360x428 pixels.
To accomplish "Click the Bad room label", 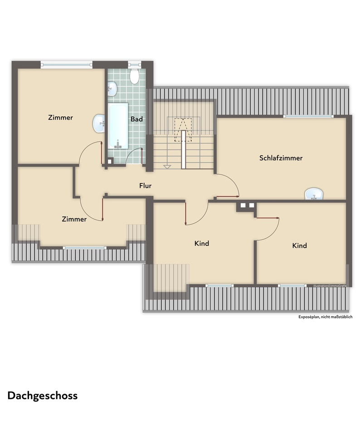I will pyautogui.click(x=136, y=120).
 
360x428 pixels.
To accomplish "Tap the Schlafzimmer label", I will pyautogui.click(x=281, y=158).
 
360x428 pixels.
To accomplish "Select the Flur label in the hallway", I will pyautogui.click(x=145, y=186).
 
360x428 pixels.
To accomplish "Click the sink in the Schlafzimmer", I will pyautogui.click(x=314, y=194).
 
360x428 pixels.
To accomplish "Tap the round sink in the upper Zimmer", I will pyautogui.click(x=99, y=123).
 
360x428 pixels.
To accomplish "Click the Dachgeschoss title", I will pyautogui.click(x=43, y=395).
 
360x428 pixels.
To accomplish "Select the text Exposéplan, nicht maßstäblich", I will pyautogui.click(x=325, y=317).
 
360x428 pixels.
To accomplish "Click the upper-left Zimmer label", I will pyautogui.click(x=60, y=118).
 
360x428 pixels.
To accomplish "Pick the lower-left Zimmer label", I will pyautogui.click(x=74, y=219).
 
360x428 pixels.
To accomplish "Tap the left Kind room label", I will pyautogui.click(x=201, y=244).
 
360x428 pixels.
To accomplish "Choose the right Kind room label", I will pyautogui.click(x=299, y=245).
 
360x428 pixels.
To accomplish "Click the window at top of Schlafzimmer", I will pyautogui.click(x=308, y=117).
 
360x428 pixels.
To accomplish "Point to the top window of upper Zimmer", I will pyautogui.click(x=66, y=64).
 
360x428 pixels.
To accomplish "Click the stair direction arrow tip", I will pyautogui.click(x=167, y=167).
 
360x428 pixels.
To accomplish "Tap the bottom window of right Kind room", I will pyautogui.click(x=292, y=285).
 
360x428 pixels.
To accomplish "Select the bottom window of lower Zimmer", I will pyautogui.click(x=85, y=247).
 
